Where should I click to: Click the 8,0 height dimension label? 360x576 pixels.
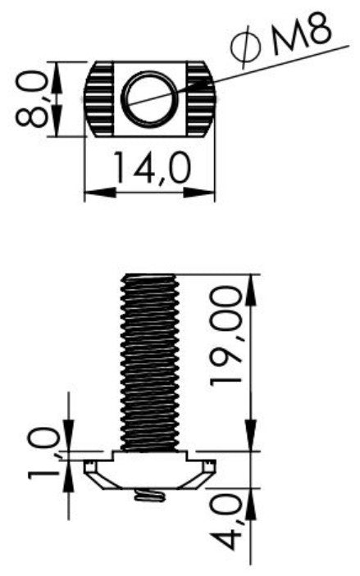[x=32, y=99]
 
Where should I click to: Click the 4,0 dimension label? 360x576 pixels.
[x=227, y=522]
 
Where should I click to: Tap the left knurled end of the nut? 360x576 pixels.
[x=99, y=99]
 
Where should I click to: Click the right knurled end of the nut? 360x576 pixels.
[x=200, y=99]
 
